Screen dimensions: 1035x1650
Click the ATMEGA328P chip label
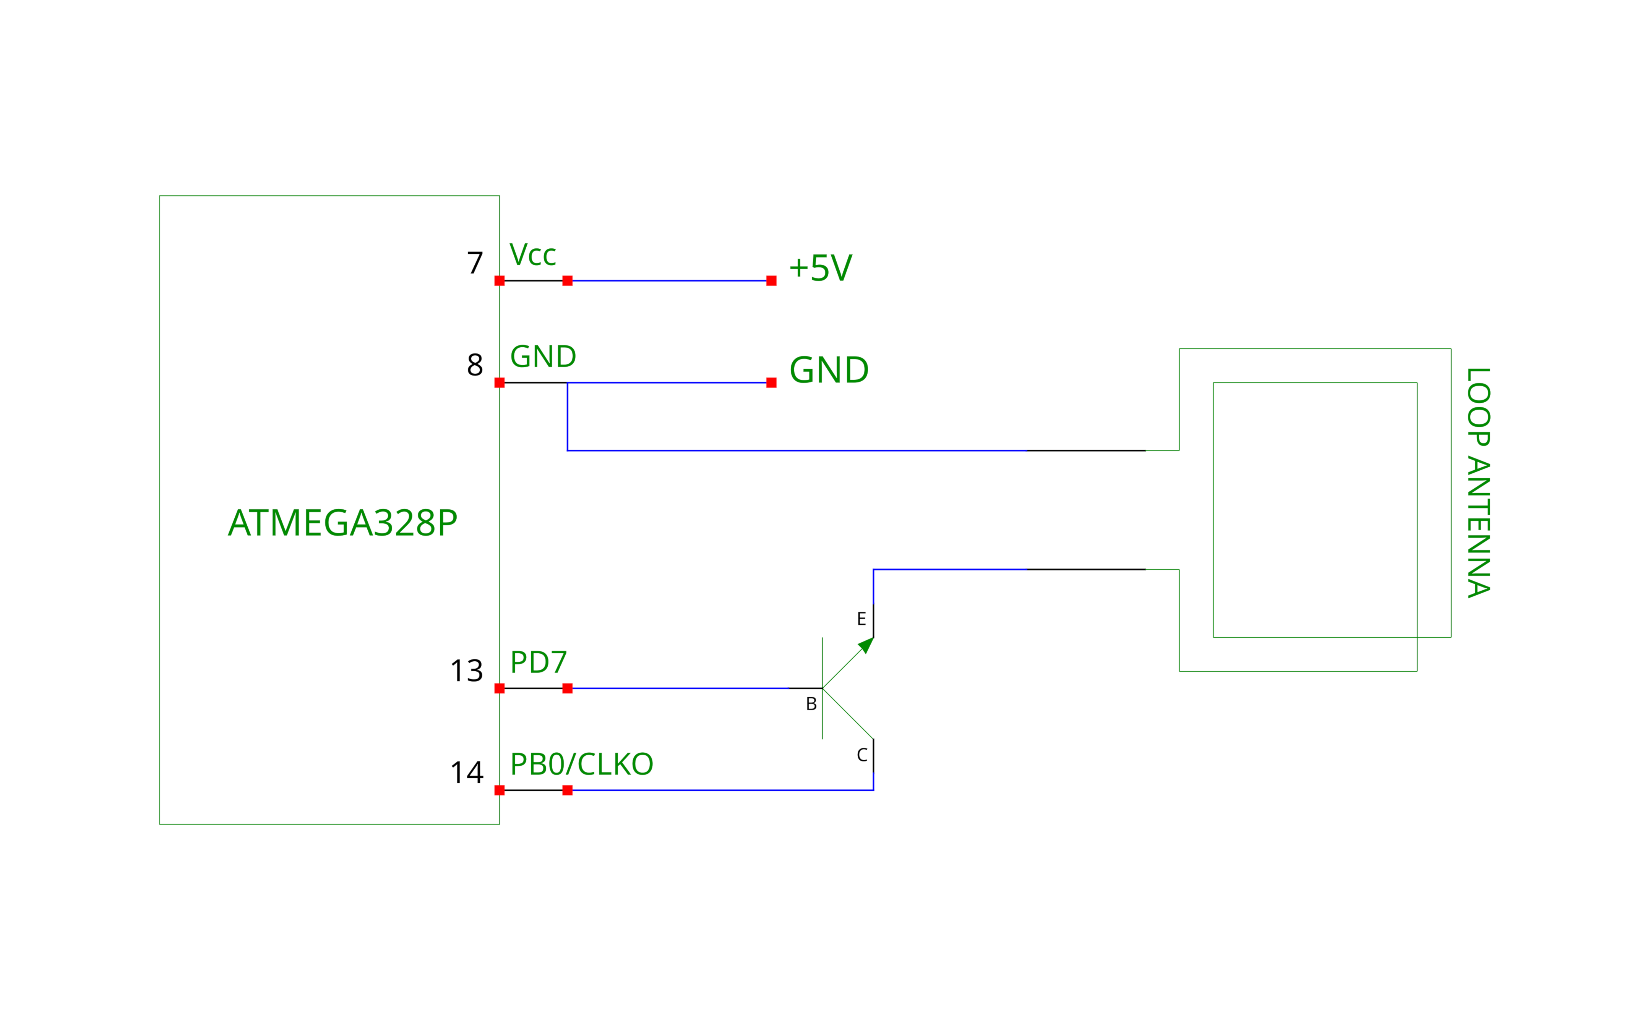point(342,523)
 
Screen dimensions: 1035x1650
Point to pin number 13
point(466,671)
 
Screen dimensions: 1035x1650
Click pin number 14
point(466,773)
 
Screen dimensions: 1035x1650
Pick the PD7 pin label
point(538,662)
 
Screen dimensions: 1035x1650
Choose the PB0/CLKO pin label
point(581,765)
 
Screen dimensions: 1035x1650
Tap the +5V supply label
point(820,268)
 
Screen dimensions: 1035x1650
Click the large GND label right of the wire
point(828,370)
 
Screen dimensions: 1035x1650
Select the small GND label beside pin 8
point(543,356)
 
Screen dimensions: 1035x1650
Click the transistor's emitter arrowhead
point(866,645)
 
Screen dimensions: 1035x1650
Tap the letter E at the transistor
point(861,619)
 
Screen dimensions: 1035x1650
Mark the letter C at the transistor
point(862,755)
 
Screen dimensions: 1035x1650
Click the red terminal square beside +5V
point(771,281)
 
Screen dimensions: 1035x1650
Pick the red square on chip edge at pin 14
point(499,790)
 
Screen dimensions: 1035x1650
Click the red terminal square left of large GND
point(771,383)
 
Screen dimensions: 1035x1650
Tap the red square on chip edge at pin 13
point(499,688)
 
